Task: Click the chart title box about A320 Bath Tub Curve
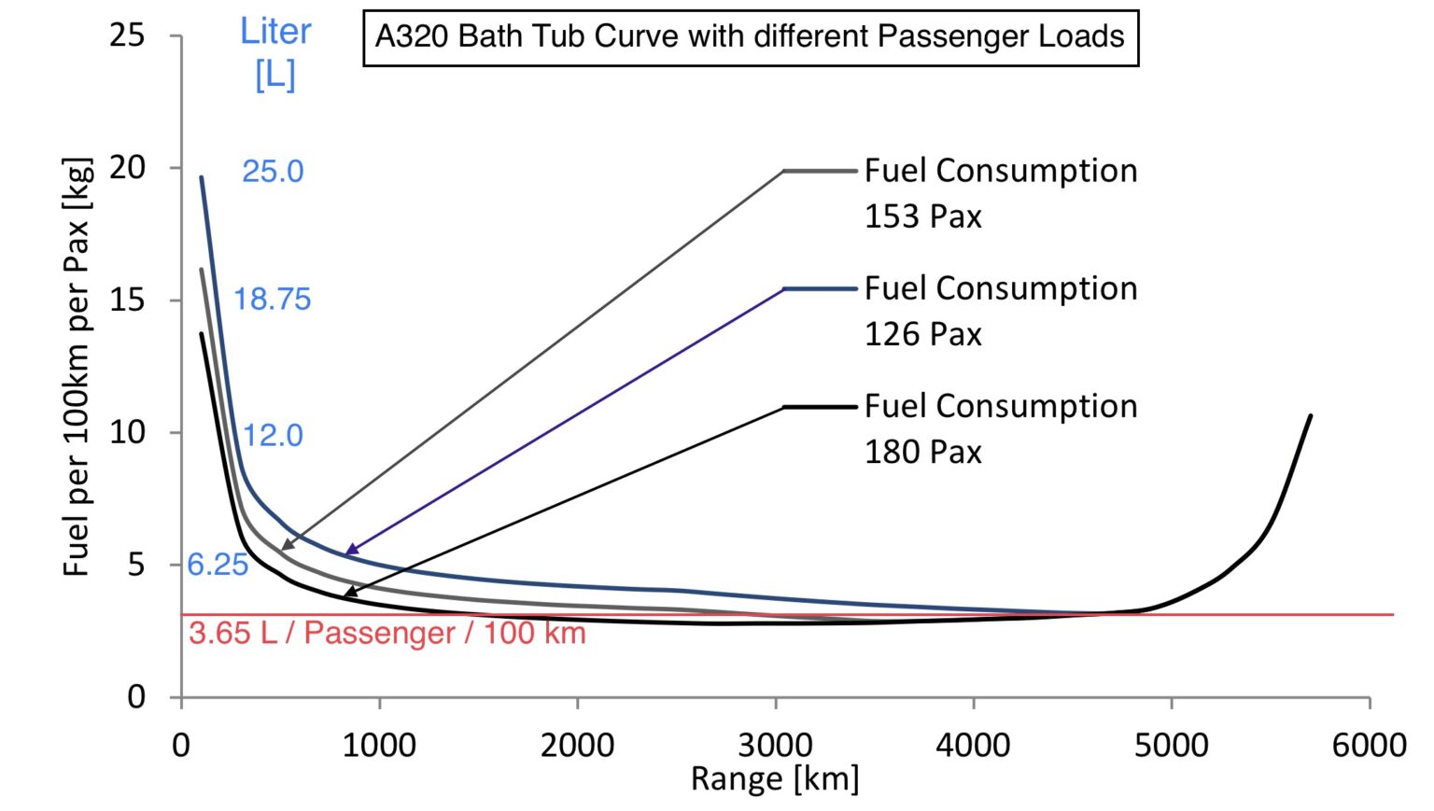pyautogui.click(x=750, y=37)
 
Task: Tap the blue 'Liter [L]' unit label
pyautogui.click(x=275, y=54)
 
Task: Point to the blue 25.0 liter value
pyautogui.click(x=273, y=172)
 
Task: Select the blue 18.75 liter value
pyautogui.click(x=272, y=300)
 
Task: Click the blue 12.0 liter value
pyautogui.click(x=273, y=435)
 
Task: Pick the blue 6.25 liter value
pyautogui.click(x=218, y=565)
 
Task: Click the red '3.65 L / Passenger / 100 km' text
pyautogui.click(x=387, y=634)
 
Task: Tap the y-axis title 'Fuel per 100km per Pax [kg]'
pyautogui.click(x=77, y=366)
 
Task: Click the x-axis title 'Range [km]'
pyautogui.click(x=774, y=778)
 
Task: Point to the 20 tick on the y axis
pyautogui.click(x=128, y=168)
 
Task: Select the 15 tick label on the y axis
pyautogui.click(x=128, y=301)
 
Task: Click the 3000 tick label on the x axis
pyautogui.click(x=775, y=746)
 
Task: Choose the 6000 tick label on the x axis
pyautogui.click(x=1370, y=746)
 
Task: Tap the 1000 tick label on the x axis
pyautogui.click(x=379, y=746)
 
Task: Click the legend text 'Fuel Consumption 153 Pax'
pyautogui.click(x=1000, y=193)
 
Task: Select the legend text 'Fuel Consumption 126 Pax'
pyautogui.click(x=1000, y=311)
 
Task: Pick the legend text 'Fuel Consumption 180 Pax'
pyautogui.click(x=1000, y=428)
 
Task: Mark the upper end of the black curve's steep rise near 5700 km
pyautogui.click(x=1311, y=416)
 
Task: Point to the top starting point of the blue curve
pyautogui.click(x=202, y=177)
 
